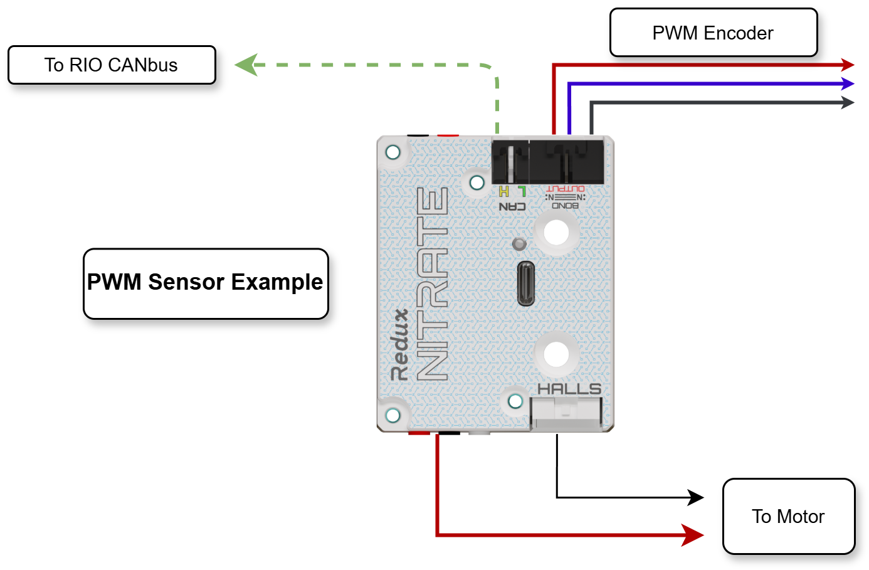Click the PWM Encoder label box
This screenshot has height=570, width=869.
(713, 33)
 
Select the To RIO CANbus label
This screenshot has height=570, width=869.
(112, 65)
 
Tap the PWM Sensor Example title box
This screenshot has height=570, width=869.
(206, 283)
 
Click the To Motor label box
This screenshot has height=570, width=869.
(788, 516)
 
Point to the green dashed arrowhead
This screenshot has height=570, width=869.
(246, 65)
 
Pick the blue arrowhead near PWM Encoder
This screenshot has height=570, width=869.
(848, 83)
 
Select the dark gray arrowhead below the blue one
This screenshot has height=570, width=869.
(848, 102)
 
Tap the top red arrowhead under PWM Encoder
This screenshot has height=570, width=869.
(848, 65)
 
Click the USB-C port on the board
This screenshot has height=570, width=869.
(525, 283)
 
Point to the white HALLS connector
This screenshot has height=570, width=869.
(566, 414)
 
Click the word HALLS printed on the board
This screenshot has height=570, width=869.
(569, 389)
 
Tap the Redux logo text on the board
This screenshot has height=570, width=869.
(399, 345)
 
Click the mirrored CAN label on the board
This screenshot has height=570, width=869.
(512, 206)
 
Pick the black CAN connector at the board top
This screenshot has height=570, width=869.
(510, 161)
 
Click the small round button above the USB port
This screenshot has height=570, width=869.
(519, 243)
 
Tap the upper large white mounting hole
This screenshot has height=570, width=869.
(556, 233)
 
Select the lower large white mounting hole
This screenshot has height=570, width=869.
(556, 354)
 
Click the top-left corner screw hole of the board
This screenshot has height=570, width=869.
(393, 152)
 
